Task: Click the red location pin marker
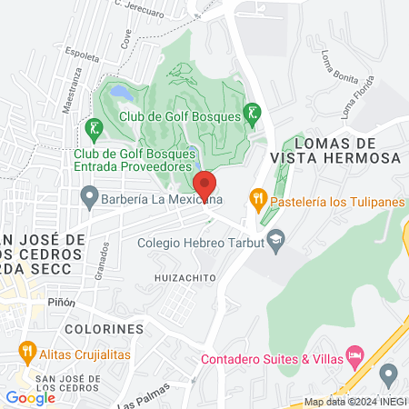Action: pos(204,184)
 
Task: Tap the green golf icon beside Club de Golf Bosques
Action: pos(254,114)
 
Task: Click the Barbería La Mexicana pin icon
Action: pos(89,195)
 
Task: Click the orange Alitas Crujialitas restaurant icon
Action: pos(27,350)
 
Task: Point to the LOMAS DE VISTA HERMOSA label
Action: pos(348,151)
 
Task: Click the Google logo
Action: pos(30,397)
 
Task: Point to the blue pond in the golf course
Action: pos(119,92)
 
